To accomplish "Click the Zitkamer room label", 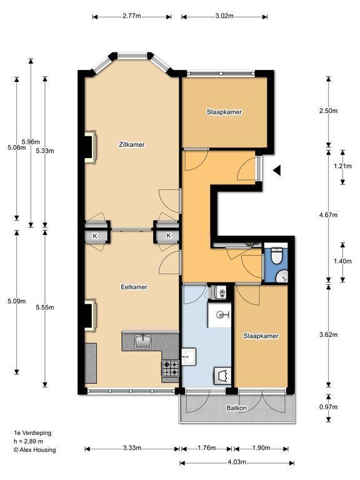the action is [x=132, y=144].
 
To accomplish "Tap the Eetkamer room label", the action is [x=134, y=287].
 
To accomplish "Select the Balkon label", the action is [x=236, y=408].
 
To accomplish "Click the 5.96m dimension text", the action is [x=31, y=142].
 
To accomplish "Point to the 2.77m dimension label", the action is [x=132, y=16].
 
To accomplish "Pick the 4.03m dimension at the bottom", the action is [x=237, y=462].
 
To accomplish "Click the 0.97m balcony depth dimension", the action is [x=329, y=407].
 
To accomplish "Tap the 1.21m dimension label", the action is [x=342, y=166].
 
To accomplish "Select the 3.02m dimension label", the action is [x=224, y=16].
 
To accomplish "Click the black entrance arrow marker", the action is [x=277, y=170].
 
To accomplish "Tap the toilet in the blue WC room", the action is [x=277, y=256].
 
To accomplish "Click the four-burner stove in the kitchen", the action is [x=171, y=368].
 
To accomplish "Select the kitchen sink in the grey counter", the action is [x=143, y=341].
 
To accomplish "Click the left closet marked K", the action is [x=95, y=236].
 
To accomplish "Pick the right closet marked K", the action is [x=168, y=236].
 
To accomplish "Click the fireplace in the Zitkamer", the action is [x=91, y=147].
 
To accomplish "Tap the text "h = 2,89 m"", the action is [x=28, y=441].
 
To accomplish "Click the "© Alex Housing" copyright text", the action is [x=34, y=450].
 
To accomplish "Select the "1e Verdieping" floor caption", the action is [x=32, y=433].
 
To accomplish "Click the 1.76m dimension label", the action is [x=207, y=448].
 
